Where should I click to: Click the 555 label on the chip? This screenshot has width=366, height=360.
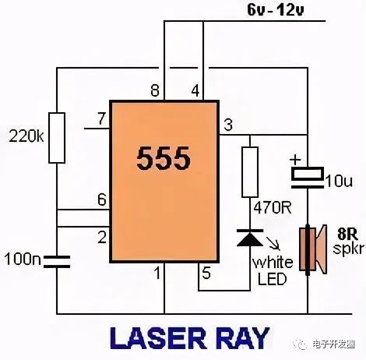click(164, 158)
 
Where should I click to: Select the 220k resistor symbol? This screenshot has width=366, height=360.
click(57, 138)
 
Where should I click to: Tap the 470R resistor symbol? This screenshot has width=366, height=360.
click(250, 172)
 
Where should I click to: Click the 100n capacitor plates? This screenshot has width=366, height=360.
click(57, 262)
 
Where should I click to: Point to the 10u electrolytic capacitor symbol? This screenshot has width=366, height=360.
click(308, 177)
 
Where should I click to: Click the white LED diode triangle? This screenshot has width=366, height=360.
click(250, 238)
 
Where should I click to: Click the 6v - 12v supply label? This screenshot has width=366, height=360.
click(276, 10)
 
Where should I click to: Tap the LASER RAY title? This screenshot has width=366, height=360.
click(190, 338)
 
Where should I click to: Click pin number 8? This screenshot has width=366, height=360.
click(155, 91)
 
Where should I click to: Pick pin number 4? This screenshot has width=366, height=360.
click(195, 91)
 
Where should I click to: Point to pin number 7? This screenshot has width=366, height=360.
click(101, 118)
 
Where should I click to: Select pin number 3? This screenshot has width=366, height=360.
click(228, 125)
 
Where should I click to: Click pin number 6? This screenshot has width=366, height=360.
click(102, 199)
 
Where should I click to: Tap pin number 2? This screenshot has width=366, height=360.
click(102, 237)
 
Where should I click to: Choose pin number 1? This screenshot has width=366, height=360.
click(157, 274)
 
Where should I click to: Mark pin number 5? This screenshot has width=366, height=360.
click(206, 274)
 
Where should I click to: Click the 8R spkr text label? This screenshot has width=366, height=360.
click(349, 242)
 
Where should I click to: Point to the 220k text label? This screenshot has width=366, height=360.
click(26, 136)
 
